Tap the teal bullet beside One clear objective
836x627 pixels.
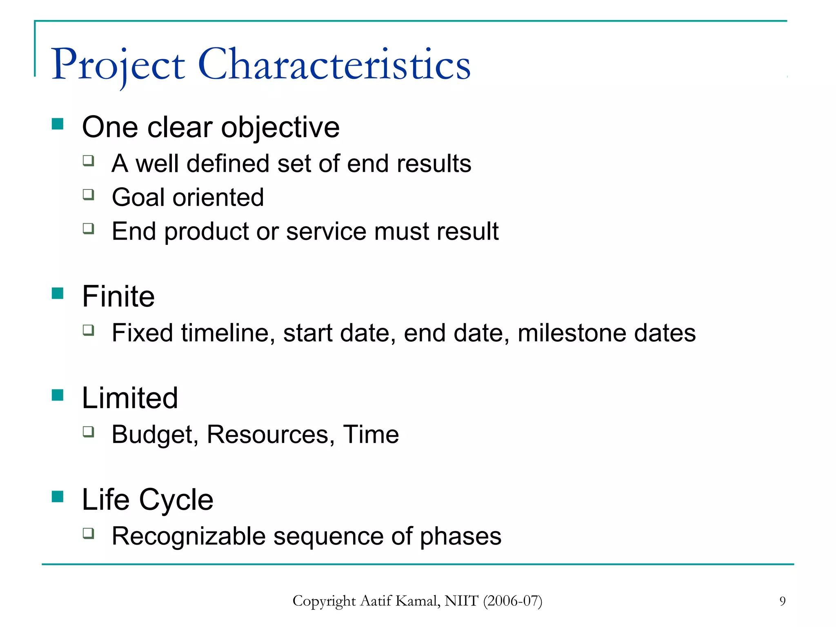coord(58,124)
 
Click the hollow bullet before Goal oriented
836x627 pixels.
coord(88,194)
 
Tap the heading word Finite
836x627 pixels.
coord(118,296)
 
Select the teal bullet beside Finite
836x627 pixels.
coord(58,293)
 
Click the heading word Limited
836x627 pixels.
coord(130,398)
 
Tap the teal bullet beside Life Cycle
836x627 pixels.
coord(58,497)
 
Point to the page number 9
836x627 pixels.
coord(782,601)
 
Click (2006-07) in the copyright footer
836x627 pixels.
coord(513,601)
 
